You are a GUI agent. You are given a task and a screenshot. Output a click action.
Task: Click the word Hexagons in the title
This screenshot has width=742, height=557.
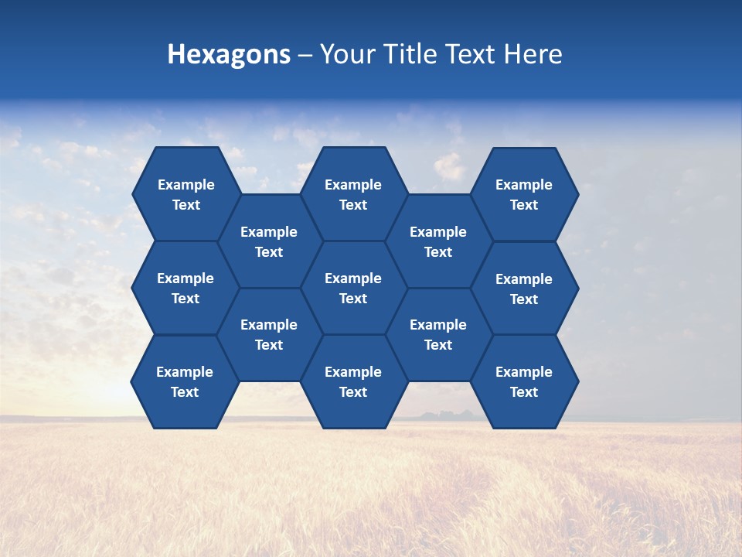[x=229, y=55]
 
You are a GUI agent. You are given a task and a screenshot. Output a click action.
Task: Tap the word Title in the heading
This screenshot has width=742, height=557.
[x=412, y=55]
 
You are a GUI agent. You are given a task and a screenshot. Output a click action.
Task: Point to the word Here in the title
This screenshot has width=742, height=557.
[x=533, y=55]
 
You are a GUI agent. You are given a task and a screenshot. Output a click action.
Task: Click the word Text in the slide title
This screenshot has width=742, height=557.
[x=473, y=55]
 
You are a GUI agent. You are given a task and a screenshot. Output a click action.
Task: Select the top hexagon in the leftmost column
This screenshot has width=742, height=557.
[x=185, y=194]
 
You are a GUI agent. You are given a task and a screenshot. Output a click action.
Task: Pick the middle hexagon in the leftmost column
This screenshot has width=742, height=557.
[x=185, y=288]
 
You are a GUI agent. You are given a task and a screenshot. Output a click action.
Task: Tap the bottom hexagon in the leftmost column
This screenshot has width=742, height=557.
[x=185, y=381]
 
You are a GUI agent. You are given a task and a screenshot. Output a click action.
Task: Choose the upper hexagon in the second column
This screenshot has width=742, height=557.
[x=269, y=241]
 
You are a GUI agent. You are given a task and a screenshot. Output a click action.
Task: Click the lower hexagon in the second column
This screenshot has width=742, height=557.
[x=269, y=334]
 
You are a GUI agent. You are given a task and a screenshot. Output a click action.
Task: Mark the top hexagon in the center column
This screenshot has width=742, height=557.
[x=353, y=194]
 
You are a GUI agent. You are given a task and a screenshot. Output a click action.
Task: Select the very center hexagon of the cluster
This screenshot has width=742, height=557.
[x=353, y=288]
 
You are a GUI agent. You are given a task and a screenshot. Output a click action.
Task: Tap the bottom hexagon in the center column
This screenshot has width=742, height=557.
[x=353, y=381]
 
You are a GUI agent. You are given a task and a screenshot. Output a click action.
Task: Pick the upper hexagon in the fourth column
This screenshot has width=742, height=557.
[x=438, y=241]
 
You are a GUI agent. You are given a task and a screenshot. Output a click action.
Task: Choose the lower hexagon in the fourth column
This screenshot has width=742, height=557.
[x=438, y=334]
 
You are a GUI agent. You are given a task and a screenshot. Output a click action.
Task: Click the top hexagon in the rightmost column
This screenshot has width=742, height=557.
[x=524, y=194]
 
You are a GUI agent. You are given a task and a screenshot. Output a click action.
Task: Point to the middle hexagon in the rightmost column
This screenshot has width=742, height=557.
[x=524, y=289]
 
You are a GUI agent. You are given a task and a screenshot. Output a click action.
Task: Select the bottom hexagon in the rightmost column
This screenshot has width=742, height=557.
[x=524, y=381]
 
